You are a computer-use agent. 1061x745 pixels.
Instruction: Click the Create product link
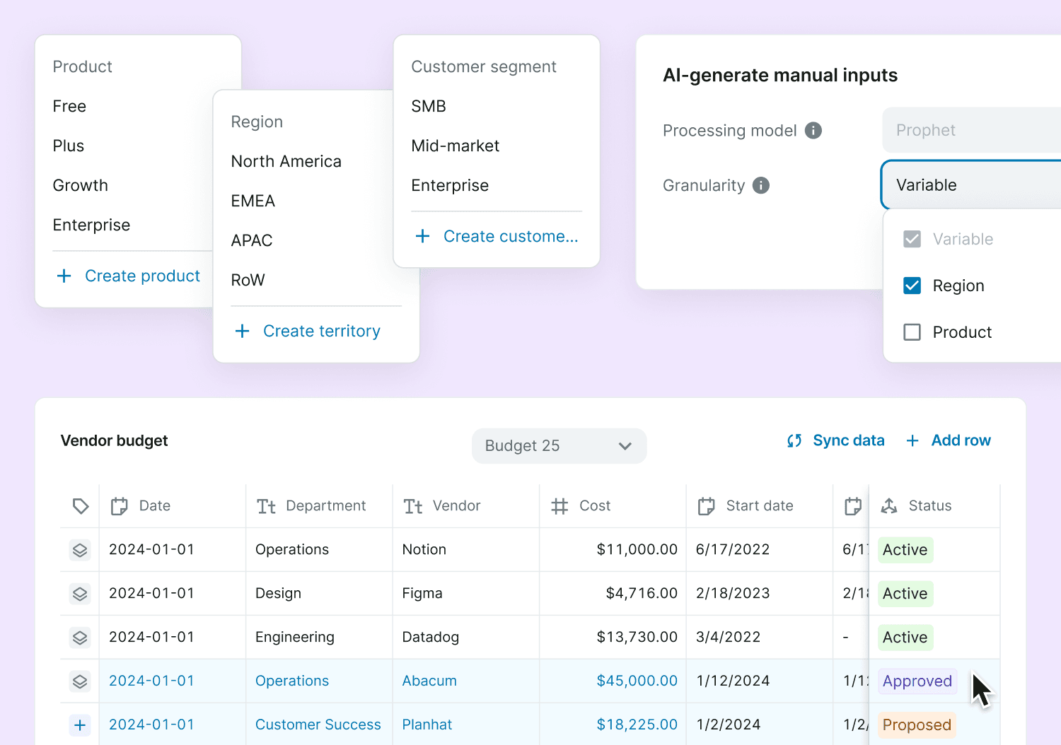pos(129,276)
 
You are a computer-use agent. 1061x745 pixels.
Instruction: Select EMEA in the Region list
pos(253,201)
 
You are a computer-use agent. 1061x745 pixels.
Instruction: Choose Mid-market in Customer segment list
pos(455,146)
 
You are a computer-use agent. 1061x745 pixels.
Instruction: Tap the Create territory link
pos(308,331)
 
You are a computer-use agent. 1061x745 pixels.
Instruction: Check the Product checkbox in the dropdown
pos(912,332)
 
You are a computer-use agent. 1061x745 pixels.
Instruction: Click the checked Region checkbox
pos(912,286)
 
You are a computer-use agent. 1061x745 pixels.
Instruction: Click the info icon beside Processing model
pos(813,130)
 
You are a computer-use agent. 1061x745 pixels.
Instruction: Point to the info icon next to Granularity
pos(761,185)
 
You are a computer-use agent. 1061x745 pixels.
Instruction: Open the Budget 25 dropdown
pos(559,446)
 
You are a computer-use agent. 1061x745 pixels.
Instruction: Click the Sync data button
pos(836,440)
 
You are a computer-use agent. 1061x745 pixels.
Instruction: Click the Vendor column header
pos(456,505)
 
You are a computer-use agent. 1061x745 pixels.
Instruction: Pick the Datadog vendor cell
pos(430,637)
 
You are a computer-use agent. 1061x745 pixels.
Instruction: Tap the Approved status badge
pos(917,681)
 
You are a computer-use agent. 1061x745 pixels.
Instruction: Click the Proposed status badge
pos(917,725)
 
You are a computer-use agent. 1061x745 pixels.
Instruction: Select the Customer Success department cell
pos(318,725)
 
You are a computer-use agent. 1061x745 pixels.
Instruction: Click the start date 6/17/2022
pos(733,549)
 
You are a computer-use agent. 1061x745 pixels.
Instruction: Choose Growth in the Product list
pos(81,185)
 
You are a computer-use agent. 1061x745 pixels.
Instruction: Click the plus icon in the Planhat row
pos(80,725)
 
